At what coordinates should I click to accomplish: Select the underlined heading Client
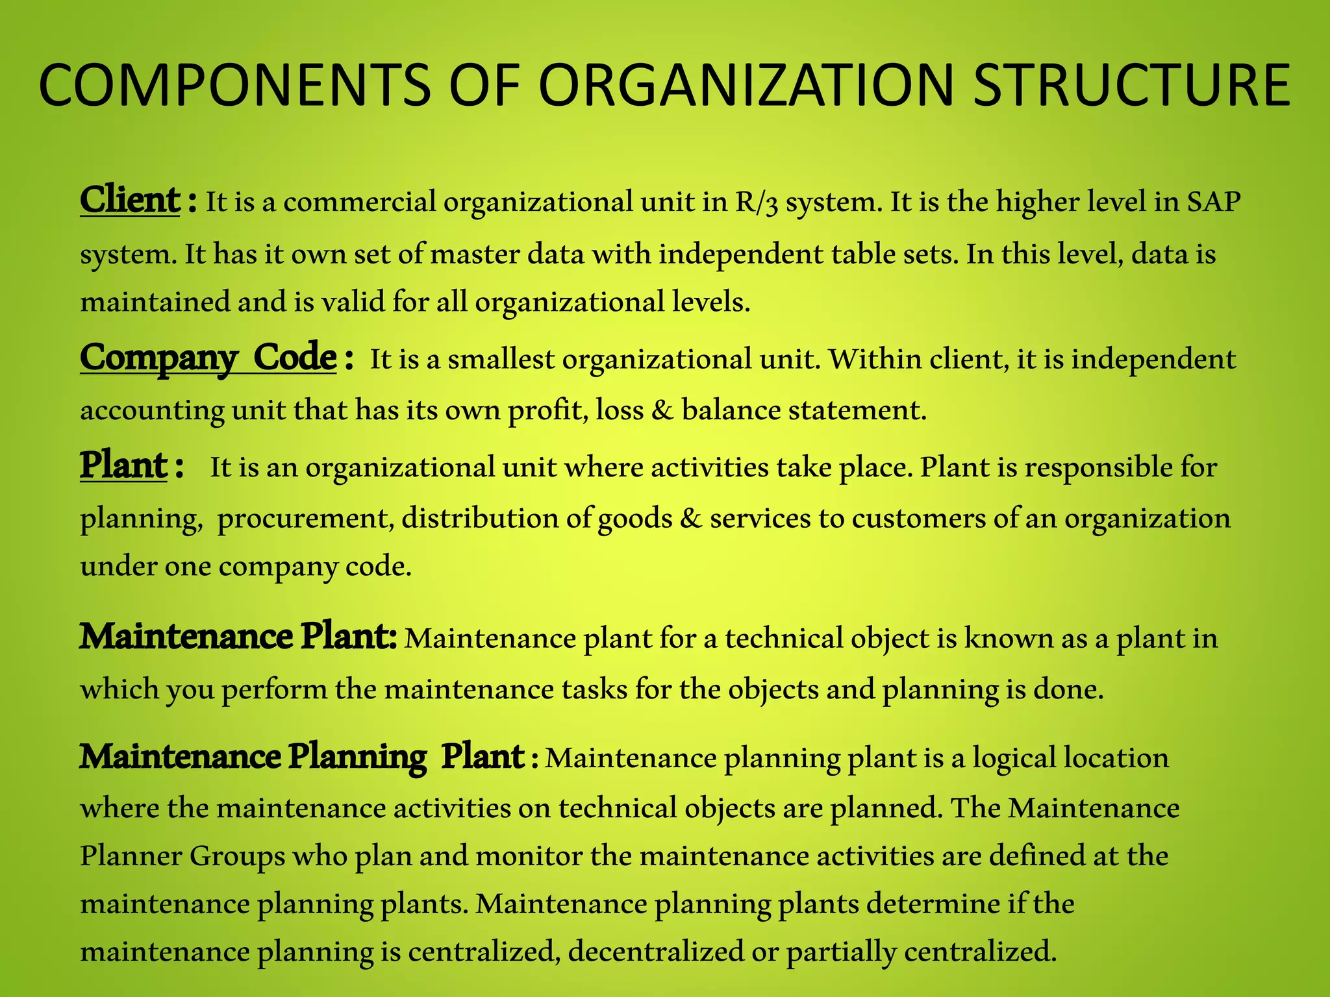coord(130,201)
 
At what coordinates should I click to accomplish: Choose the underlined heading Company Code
coord(208,358)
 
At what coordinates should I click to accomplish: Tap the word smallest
coord(501,359)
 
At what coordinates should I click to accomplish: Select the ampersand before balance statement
coord(662,410)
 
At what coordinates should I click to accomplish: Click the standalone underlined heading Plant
coord(124,466)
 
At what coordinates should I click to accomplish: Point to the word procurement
coord(305,519)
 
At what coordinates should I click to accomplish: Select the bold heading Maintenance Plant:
coord(238,637)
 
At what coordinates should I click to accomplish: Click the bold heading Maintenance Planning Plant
coord(302,757)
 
